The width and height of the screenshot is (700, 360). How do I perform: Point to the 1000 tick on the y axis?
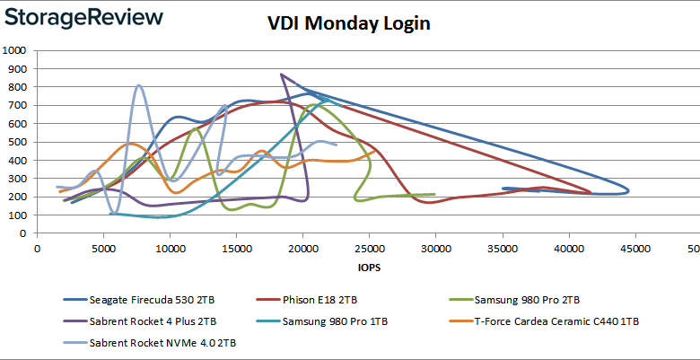tap(17, 50)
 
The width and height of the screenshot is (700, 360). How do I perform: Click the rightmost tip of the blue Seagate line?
tap(628, 190)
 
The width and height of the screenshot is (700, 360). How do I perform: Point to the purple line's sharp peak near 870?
tap(282, 75)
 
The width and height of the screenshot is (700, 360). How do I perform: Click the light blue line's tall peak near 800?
tap(139, 86)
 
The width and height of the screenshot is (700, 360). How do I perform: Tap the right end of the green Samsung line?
tap(434, 194)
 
